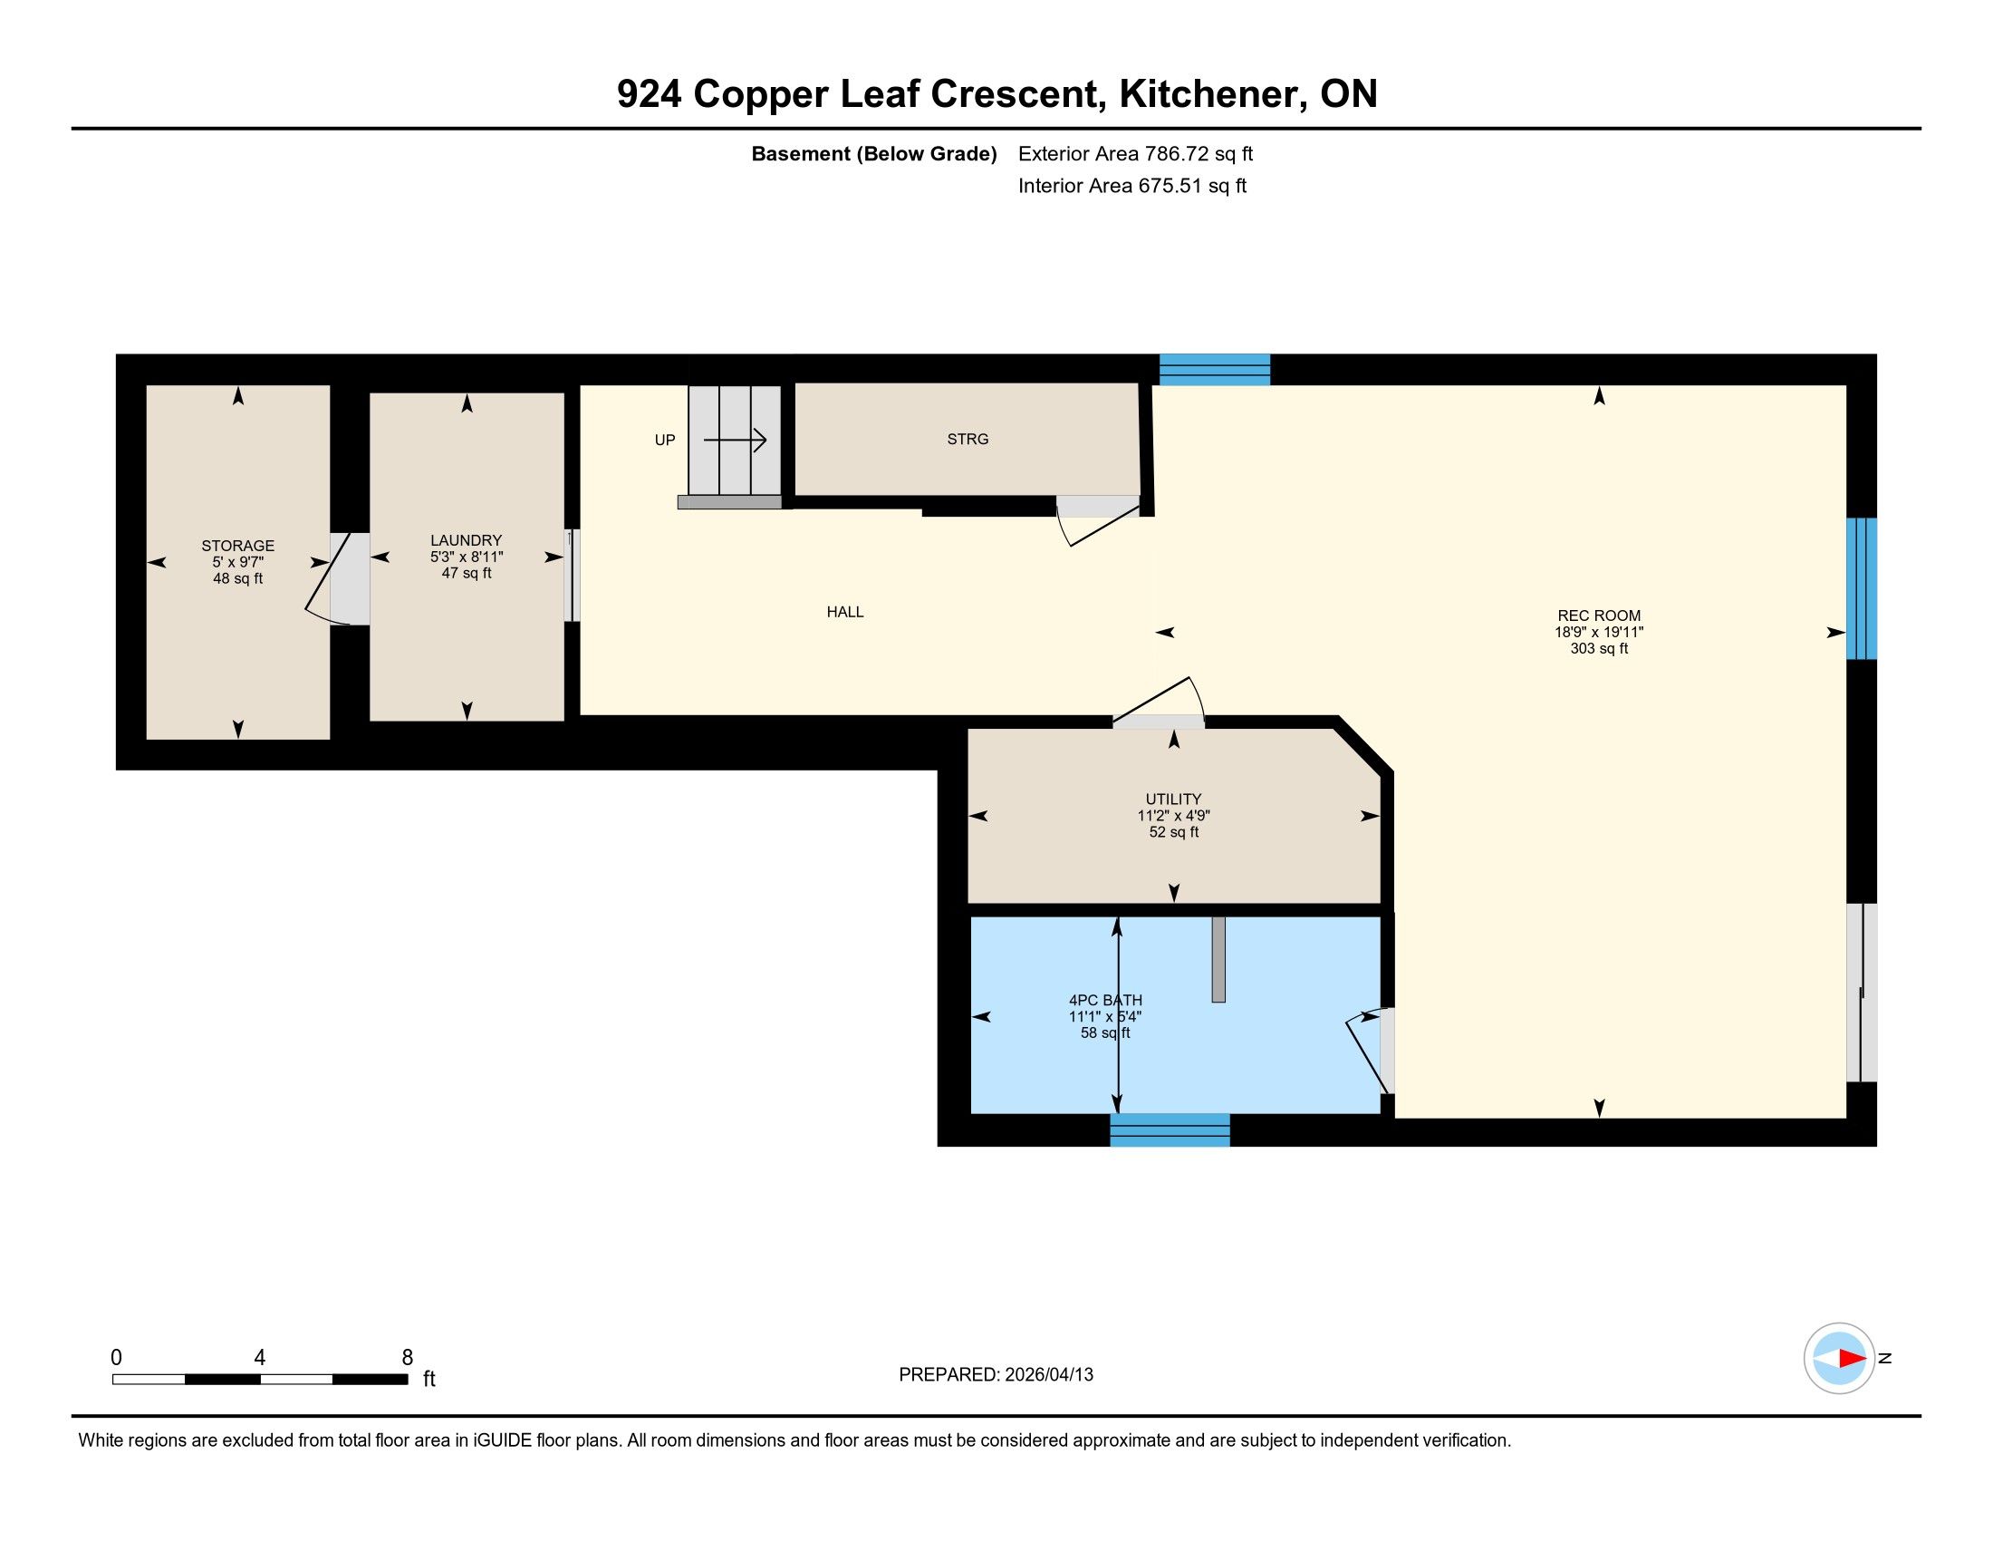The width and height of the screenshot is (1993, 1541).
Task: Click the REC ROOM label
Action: (x=1598, y=615)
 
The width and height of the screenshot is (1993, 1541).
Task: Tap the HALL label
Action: (x=845, y=612)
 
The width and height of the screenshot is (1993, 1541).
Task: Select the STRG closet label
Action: (x=968, y=439)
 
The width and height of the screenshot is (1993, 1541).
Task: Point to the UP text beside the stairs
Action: (x=664, y=440)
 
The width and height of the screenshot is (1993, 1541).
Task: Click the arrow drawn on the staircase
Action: (x=735, y=441)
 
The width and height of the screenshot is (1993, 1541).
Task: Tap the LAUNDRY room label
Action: (x=467, y=540)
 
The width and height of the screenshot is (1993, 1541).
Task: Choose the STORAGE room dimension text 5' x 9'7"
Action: (x=238, y=562)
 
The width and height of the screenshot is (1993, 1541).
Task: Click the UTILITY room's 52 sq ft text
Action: (x=1173, y=832)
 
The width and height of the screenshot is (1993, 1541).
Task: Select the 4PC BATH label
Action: (x=1105, y=1000)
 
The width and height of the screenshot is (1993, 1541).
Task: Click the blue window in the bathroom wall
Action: (x=1170, y=1129)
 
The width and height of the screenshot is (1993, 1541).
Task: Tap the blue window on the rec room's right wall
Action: (x=1862, y=589)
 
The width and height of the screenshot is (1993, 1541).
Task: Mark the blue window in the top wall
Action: (x=1215, y=369)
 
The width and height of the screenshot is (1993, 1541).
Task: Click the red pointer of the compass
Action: (x=1852, y=1359)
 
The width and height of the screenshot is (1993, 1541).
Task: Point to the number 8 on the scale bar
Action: (x=407, y=1358)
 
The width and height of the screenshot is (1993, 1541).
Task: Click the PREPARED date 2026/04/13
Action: (x=1049, y=1375)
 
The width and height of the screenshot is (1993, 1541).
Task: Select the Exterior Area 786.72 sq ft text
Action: (x=1135, y=153)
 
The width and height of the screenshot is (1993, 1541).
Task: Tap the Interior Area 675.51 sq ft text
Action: (x=1132, y=185)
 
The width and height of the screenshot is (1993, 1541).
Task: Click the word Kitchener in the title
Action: (x=1207, y=93)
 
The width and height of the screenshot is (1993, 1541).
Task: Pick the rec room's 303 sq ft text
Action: (x=1599, y=648)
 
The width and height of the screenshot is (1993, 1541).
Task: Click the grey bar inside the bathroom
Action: (x=1218, y=958)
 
